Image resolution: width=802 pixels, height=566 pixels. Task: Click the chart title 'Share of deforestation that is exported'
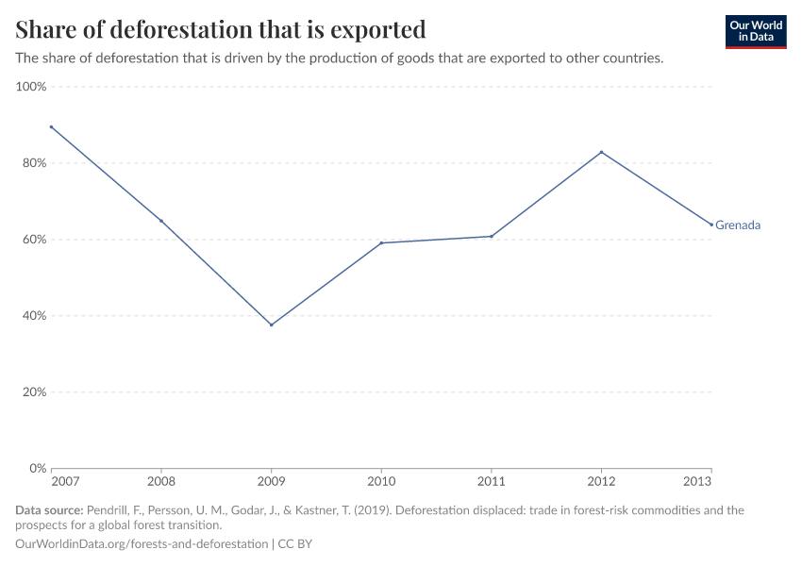(x=221, y=29)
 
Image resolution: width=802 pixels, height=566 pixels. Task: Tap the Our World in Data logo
(x=756, y=32)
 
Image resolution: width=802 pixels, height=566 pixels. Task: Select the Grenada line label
(x=738, y=225)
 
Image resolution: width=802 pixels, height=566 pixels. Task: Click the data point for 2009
(x=272, y=325)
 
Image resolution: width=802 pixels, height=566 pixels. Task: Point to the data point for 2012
(x=601, y=152)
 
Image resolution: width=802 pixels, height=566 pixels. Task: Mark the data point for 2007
(x=52, y=127)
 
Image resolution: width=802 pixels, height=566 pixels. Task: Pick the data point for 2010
(x=381, y=243)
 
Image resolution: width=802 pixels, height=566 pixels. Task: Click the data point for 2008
(x=161, y=221)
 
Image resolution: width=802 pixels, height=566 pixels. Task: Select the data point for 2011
(x=492, y=236)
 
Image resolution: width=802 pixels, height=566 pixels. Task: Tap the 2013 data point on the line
(x=711, y=225)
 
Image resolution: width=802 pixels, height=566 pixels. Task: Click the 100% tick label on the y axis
(x=31, y=87)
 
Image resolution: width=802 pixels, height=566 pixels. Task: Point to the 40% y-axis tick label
(x=33, y=316)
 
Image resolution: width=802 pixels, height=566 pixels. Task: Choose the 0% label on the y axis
(x=38, y=468)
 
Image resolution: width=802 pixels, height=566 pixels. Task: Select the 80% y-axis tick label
(x=33, y=163)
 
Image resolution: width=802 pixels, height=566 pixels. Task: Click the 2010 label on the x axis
(x=381, y=481)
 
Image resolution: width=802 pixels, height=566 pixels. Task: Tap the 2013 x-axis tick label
(x=697, y=481)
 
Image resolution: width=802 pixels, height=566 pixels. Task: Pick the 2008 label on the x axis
(x=161, y=481)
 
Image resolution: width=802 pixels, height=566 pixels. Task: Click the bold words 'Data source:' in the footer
(x=49, y=510)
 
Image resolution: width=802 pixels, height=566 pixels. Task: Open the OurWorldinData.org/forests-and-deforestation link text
(x=142, y=544)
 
